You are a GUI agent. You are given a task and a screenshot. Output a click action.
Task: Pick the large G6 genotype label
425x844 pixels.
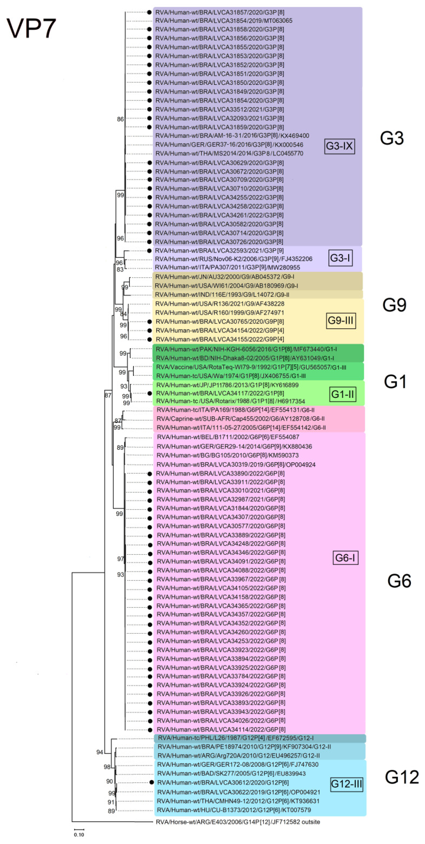pyautogui.click(x=400, y=581)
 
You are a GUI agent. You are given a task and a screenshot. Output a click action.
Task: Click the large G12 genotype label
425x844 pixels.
pyautogui.click(x=402, y=777)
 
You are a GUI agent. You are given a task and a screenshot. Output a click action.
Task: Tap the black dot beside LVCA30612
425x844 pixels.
pyautogui.click(x=151, y=782)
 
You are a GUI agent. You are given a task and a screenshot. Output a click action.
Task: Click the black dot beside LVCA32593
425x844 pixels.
pyautogui.click(x=149, y=251)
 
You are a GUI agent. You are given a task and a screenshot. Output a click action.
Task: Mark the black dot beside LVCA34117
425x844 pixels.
pyautogui.click(x=149, y=394)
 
